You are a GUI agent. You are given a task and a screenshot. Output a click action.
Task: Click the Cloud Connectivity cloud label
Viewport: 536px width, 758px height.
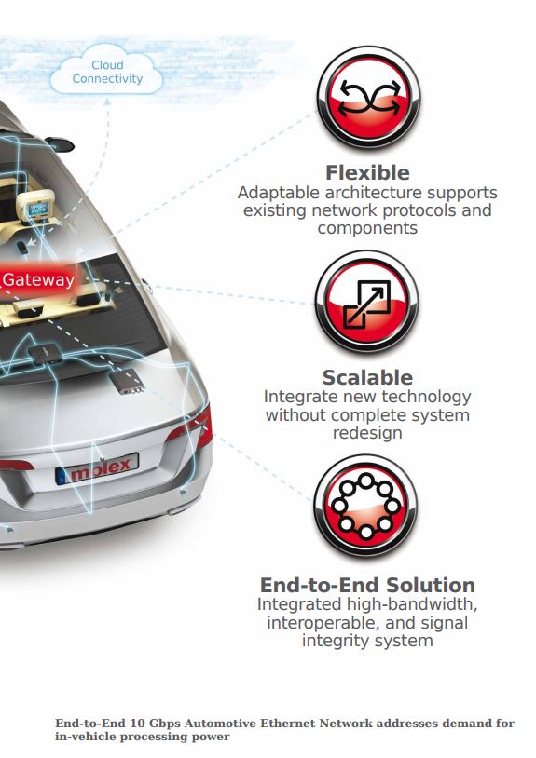point(107,72)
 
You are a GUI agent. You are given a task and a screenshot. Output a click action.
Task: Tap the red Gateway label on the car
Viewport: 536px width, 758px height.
point(38,279)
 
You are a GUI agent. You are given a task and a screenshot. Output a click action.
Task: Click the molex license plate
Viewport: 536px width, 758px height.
point(97,468)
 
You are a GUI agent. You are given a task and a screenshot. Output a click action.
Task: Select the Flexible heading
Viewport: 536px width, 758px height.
point(367,172)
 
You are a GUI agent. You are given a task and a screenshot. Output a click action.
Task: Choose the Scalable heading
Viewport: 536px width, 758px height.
point(367,377)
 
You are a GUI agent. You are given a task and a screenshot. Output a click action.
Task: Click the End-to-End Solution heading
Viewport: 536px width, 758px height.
point(367,585)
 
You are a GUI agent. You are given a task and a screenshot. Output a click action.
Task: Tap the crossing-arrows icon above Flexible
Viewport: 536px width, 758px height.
point(368,98)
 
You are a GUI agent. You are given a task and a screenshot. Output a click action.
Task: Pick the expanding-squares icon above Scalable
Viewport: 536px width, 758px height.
point(366,302)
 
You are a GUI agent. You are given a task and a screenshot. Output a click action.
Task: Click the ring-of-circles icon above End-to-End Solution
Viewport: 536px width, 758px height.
point(365,507)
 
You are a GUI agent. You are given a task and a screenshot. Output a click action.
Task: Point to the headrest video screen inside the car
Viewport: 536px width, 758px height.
point(37,210)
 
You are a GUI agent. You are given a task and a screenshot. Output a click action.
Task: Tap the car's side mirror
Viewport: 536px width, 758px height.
point(60,143)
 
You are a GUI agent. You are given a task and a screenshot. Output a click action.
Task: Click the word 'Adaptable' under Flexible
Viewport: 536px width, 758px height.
point(278,193)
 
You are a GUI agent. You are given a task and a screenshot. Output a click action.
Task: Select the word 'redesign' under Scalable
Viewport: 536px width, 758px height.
point(367,433)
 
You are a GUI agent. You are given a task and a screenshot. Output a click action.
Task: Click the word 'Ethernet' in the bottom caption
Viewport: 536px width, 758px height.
point(287,724)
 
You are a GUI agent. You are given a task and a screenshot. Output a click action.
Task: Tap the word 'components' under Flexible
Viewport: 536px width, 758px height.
point(367,228)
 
